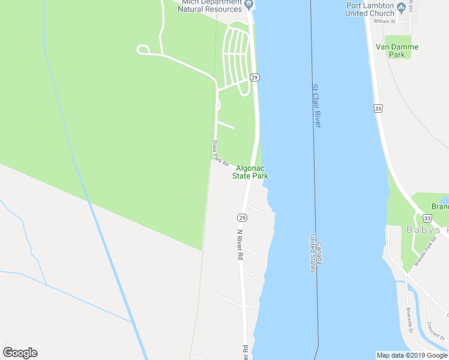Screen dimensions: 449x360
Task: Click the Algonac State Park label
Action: (251, 172)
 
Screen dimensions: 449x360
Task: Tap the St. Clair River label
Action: (316, 106)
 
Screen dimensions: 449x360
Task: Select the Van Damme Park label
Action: (397, 50)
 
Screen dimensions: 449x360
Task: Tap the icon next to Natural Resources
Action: (249, 5)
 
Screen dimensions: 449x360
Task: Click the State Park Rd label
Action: (220, 154)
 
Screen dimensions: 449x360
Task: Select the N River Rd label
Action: (240, 244)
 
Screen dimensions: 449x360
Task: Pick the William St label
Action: (384, 21)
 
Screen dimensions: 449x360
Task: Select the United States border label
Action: (313, 253)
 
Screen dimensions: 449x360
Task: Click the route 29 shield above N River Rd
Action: (242, 217)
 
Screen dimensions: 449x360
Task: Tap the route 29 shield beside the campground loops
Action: (255, 77)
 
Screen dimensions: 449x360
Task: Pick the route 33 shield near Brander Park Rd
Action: (427, 218)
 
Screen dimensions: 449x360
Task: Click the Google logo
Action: (20, 353)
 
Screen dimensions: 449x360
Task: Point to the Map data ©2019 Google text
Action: (412, 355)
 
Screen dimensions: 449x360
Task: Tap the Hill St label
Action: (411, 7)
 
